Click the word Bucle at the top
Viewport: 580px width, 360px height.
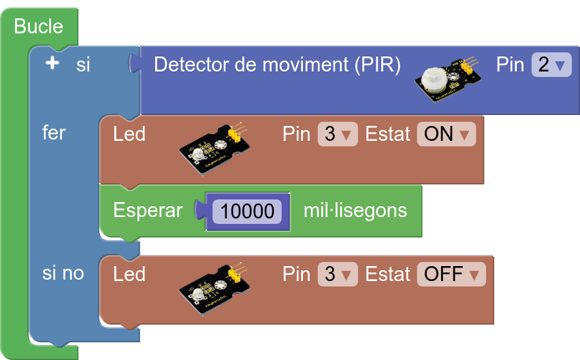[x=38, y=27]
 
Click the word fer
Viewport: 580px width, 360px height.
[x=54, y=133]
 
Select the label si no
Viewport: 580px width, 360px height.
[x=63, y=274]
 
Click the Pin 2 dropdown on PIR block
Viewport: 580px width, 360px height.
[x=551, y=65]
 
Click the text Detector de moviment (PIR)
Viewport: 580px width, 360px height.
[x=277, y=65]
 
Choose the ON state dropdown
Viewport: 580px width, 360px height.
[x=446, y=134]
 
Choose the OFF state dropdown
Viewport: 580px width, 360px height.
[x=451, y=274]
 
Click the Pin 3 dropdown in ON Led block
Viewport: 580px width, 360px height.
[x=337, y=134]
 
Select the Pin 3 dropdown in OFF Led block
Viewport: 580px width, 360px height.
[x=337, y=274]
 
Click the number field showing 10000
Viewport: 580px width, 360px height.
[x=247, y=211]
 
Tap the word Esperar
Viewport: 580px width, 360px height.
[x=148, y=210]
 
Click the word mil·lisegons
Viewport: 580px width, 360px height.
[x=355, y=210]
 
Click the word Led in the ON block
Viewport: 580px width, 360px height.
[x=129, y=134]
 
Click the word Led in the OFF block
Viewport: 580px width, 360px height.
[x=129, y=274]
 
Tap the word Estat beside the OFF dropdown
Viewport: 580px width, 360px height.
[x=388, y=274]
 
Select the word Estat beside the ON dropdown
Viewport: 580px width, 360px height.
[x=388, y=134]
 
